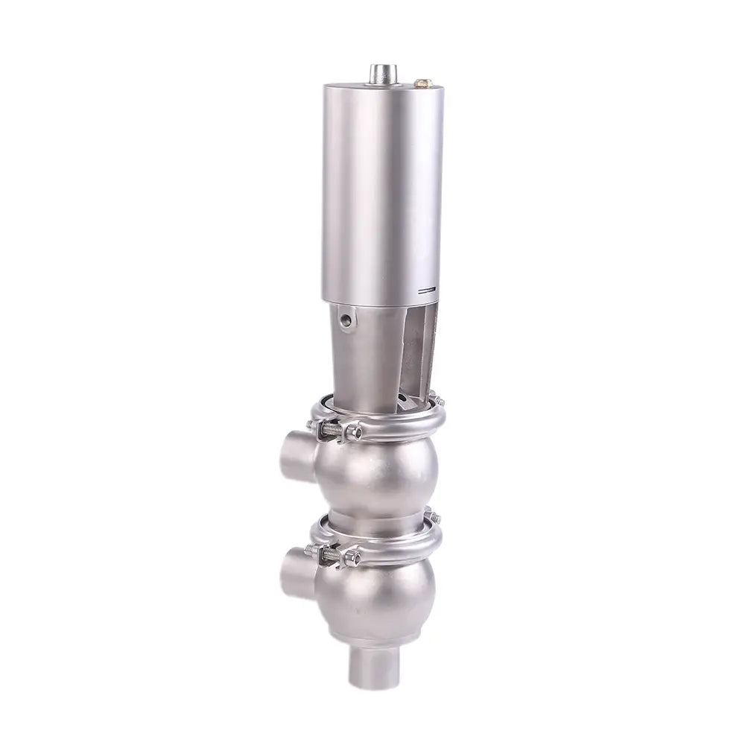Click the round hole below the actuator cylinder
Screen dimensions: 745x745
[346, 322]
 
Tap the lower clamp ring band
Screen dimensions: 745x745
[395, 548]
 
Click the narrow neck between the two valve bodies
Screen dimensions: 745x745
[380, 518]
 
